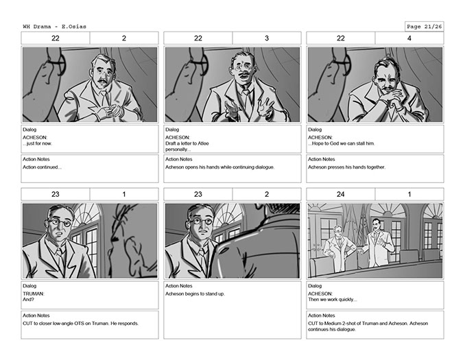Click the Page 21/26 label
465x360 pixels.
424,27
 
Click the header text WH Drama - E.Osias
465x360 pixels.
55,27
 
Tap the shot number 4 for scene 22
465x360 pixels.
409,38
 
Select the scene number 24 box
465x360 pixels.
340,194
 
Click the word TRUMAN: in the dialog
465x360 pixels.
34,293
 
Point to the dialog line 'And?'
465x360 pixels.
29,300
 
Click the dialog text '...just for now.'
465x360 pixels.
37,143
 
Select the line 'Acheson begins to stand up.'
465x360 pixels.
195,294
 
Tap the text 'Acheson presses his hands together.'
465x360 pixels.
346,167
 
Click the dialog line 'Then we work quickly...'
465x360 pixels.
332,300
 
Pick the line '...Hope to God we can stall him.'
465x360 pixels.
342,143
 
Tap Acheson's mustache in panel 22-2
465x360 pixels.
102,81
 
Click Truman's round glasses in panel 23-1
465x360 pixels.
59,221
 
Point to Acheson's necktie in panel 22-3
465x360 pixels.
246,100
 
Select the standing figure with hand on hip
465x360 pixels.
339,248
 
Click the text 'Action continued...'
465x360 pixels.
42,167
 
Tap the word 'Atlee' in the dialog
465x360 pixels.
203,143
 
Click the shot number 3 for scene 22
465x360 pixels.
267,38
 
